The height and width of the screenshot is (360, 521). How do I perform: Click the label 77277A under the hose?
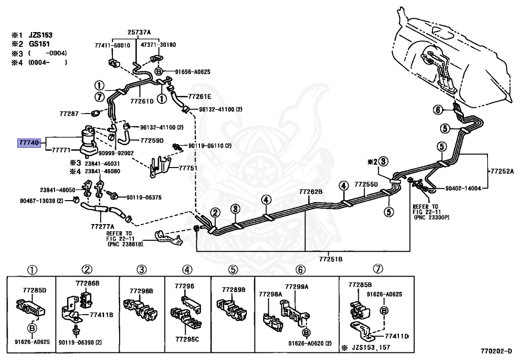(x=102, y=226)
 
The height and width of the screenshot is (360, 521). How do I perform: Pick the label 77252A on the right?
(x=501, y=171)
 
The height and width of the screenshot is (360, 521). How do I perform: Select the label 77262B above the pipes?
(x=311, y=191)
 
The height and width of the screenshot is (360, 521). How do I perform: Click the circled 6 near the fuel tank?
(x=437, y=109)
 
